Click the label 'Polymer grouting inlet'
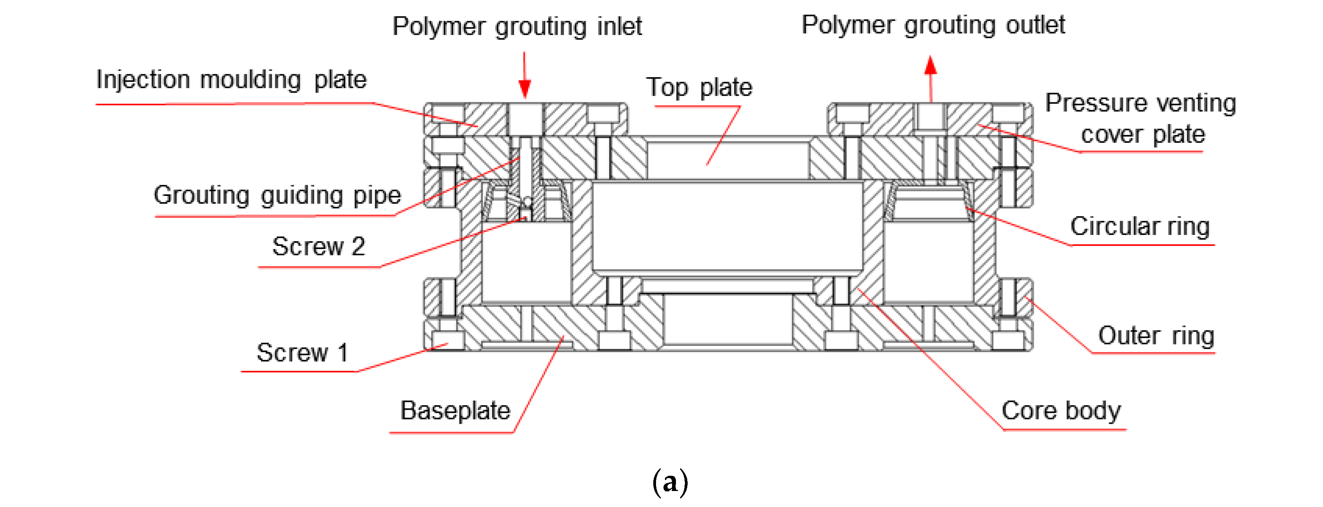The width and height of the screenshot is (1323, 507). coord(517,27)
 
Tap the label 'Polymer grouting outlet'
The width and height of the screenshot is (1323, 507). coord(933,25)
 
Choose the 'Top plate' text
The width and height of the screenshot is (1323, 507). coord(699,87)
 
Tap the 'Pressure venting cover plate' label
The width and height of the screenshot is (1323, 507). coord(1141,119)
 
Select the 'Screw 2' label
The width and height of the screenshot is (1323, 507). coord(318,247)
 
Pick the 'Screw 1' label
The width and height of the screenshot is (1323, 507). coord(302,353)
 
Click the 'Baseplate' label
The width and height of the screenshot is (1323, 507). coord(455,411)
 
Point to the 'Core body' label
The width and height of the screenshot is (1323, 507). coord(1061,411)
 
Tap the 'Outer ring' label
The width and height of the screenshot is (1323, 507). coord(1156,336)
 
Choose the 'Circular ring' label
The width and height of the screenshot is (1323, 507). coord(1140,226)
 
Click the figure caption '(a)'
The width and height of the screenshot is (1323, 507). coord(670,482)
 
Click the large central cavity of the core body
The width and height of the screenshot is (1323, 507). coord(727,226)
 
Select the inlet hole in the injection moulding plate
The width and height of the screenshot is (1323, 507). coord(525,119)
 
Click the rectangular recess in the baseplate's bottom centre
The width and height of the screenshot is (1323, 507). coord(727,320)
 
